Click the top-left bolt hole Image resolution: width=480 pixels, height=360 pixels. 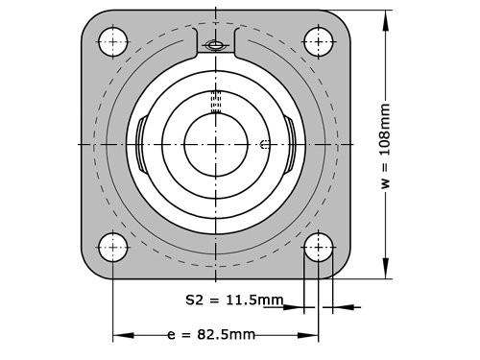pos(113,41)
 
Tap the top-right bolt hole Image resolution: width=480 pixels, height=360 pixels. pos(319,41)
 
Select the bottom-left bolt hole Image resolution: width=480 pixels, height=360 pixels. pos(113,247)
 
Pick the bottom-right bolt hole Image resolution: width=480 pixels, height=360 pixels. pos(319,247)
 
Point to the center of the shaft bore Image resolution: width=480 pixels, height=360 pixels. pos(216,144)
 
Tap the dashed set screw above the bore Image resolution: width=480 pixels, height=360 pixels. pos(216,102)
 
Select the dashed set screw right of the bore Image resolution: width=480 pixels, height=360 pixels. pos(266,145)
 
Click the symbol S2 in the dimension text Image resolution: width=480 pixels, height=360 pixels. pos(194,300)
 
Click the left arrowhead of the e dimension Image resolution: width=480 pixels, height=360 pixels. pos(119,336)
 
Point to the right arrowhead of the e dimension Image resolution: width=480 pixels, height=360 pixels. pos(312,336)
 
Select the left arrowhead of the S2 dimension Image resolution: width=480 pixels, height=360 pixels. pos(299,307)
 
